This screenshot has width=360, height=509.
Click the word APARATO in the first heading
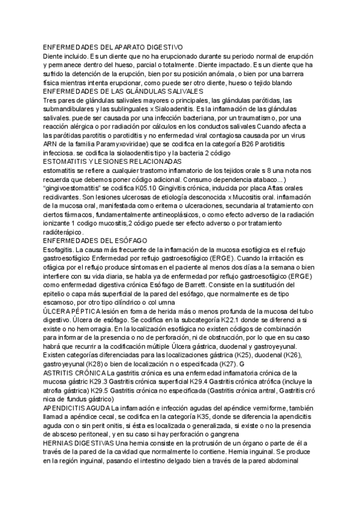pos(130,47)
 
